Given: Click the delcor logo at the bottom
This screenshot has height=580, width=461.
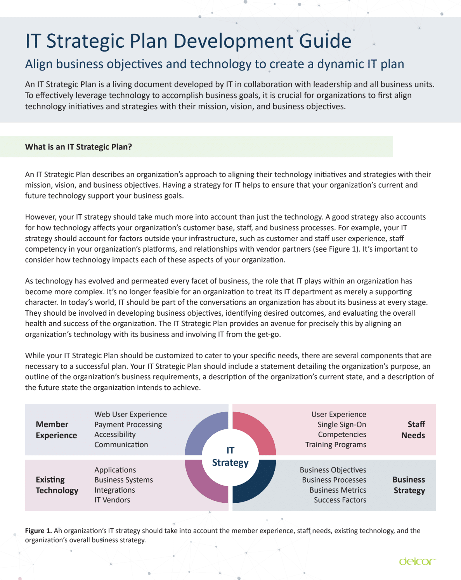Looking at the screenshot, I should coord(418,561).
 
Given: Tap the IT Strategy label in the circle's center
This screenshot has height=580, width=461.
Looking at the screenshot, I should coord(230,457).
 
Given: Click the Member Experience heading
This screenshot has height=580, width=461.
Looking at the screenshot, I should coord(56,430).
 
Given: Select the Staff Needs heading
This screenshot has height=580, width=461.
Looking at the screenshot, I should coord(413,430).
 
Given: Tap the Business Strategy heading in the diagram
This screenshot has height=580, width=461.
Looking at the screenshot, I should coord(409,485).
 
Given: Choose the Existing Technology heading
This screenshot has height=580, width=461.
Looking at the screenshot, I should coord(57,485).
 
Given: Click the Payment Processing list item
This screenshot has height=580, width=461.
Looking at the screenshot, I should coord(128,425).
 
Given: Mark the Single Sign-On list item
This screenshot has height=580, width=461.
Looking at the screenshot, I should coord(341,425).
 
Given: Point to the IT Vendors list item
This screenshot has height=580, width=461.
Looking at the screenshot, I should coord(112,500).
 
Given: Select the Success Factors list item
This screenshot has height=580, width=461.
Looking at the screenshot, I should coord(340,500).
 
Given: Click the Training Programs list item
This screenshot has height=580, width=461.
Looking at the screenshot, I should coord(336,445).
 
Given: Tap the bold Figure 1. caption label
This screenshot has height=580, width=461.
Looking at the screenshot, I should coord(38,531).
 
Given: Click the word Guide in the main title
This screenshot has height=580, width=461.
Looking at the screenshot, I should coord(325,41).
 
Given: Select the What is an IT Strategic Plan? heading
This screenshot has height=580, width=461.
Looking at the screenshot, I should coord(78,147).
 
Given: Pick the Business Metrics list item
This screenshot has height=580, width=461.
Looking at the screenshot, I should coord(338,490).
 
